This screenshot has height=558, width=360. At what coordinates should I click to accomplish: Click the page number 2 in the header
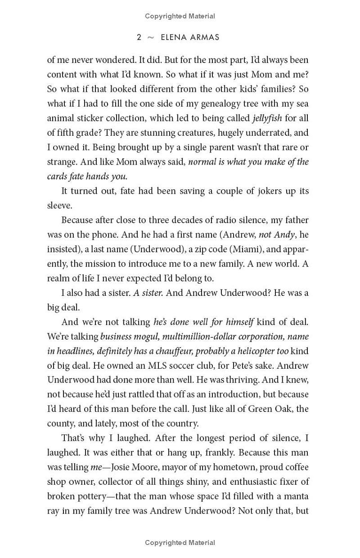click(139, 37)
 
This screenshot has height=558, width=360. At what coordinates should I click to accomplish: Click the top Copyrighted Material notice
click(180, 16)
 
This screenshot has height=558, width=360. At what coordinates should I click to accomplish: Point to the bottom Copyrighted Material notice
click(180, 543)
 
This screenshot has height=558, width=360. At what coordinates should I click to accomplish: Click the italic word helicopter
click(257, 351)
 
